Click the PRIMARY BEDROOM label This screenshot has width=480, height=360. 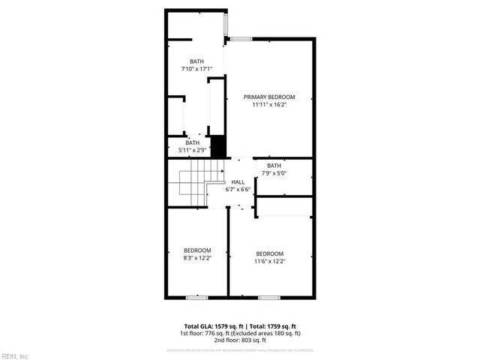tap(269, 97)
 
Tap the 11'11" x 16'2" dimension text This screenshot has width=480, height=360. tap(269, 105)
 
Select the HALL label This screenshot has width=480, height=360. tap(238, 182)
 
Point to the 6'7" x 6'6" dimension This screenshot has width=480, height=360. tap(238, 190)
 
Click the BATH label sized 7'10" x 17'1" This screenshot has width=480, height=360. tap(196, 61)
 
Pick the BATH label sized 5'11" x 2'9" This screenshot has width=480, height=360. tap(193, 142)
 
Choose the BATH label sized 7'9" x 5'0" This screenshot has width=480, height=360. tap(274, 166)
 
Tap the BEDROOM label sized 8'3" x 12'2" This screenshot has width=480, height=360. tap(197, 250)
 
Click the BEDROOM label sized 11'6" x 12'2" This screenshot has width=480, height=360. tap(269, 253)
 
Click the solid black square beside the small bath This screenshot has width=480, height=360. tap(218, 145)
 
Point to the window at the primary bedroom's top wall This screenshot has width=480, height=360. tap(241, 38)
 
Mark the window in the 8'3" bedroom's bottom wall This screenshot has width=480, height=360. tap(196, 298)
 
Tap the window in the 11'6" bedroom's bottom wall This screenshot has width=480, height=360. tap(268, 298)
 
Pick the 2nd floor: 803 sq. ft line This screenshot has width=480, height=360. tap(239, 340)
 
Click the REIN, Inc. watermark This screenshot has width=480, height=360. tap(14, 355)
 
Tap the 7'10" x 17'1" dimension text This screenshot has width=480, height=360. tap(196, 69)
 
